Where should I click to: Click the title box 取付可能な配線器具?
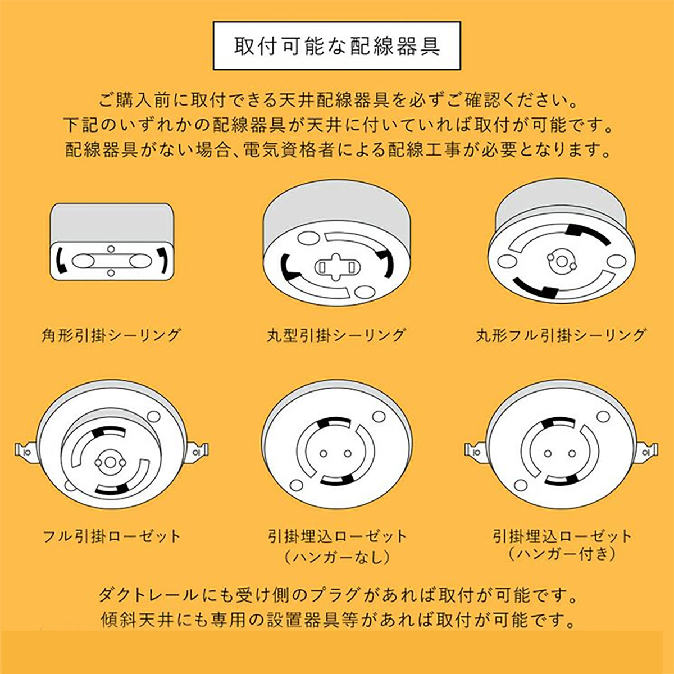pyautogui.click(x=337, y=46)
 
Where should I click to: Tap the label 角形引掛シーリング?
pyautogui.click(x=112, y=335)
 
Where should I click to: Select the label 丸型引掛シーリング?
pyautogui.click(x=336, y=335)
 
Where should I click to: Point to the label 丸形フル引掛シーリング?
pyautogui.click(x=561, y=335)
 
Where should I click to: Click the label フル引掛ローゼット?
pyautogui.click(x=112, y=536)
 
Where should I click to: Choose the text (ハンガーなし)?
pyautogui.click(x=336, y=557)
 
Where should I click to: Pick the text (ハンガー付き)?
pyautogui.click(x=561, y=554)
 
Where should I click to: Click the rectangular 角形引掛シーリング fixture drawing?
pyautogui.click(x=112, y=242)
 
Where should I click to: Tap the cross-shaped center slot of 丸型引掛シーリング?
pyautogui.click(x=336, y=267)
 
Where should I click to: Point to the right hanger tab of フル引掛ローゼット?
pyautogui.click(x=199, y=450)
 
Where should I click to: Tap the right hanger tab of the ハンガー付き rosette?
pyautogui.click(x=649, y=450)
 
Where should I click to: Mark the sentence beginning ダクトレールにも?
pyautogui.click(x=337, y=595)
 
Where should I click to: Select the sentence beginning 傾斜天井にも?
pyautogui.click(x=337, y=620)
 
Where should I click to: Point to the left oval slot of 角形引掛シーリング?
pyautogui.click(x=84, y=261)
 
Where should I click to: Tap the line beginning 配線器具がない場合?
pyautogui.click(x=337, y=150)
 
